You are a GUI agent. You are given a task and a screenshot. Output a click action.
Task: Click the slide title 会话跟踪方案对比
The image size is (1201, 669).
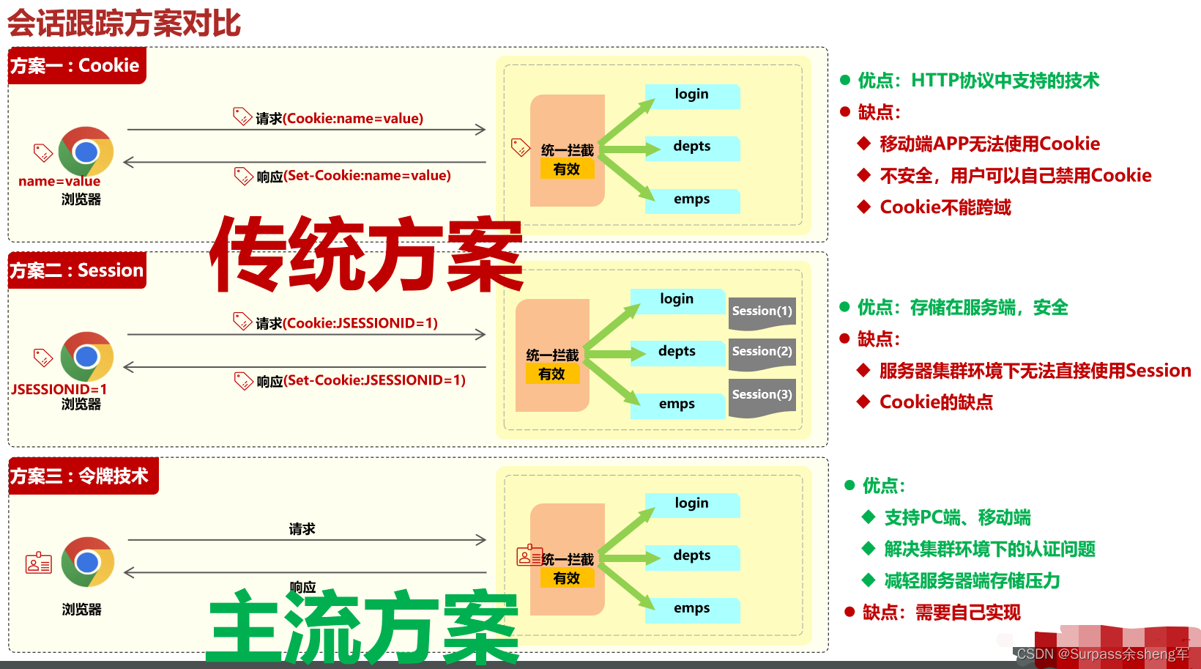pyautogui.click(x=124, y=23)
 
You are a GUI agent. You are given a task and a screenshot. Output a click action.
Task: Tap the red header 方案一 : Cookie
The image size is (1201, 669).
pyautogui.click(x=75, y=66)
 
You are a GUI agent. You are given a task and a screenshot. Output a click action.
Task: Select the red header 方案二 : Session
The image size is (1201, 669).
pyautogui.click(x=77, y=270)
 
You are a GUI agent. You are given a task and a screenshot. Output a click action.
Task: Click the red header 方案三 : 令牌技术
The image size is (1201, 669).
pyautogui.click(x=80, y=476)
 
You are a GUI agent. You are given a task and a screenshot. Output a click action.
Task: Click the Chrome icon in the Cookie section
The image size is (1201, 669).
pyautogui.click(x=86, y=152)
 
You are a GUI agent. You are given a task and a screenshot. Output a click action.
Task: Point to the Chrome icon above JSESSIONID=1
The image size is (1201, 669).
pyautogui.click(x=86, y=357)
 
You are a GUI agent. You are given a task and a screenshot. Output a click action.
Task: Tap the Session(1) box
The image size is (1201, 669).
pyautogui.click(x=762, y=312)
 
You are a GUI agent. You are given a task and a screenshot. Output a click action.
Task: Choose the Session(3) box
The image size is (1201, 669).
pyautogui.click(x=762, y=396)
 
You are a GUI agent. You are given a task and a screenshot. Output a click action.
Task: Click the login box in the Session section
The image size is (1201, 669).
pyautogui.click(x=677, y=300)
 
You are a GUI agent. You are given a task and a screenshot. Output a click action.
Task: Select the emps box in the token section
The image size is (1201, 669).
pyautogui.click(x=692, y=609)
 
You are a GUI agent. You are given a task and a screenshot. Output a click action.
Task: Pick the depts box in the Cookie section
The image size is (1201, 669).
pyautogui.click(x=692, y=147)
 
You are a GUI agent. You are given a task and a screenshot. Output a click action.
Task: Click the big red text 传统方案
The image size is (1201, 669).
pyautogui.click(x=366, y=254)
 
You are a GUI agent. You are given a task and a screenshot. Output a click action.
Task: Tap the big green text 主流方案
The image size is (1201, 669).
pyautogui.click(x=364, y=627)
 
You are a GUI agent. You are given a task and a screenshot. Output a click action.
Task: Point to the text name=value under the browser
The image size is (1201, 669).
pyautogui.click(x=59, y=181)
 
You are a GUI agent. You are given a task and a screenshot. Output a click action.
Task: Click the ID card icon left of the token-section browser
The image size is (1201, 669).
pyautogui.click(x=39, y=563)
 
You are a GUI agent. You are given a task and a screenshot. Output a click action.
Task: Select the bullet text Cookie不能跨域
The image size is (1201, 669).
pyautogui.click(x=945, y=207)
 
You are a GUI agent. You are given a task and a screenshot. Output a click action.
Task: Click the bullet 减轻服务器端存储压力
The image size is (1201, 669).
pyautogui.click(x=972, y=581)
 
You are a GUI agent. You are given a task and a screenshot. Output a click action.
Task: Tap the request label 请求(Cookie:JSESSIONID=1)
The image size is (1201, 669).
pyautogui.click(x=346, y=323)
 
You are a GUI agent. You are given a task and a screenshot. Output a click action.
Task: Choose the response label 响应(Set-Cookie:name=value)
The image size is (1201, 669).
pyautogui.click(x=354, y=176)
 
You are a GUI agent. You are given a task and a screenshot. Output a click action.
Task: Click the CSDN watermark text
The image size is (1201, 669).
pyautogui.click(x=1102, y=654)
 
